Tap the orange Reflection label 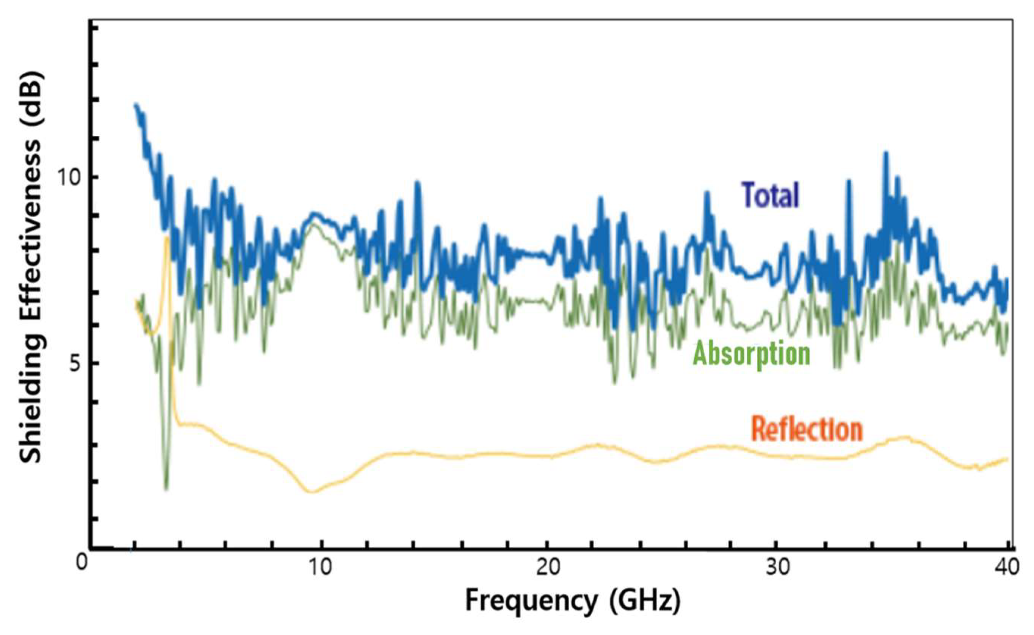[806, 429]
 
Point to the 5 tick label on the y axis [74, 363]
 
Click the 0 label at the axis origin [81, 562]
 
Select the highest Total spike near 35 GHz [886, 153]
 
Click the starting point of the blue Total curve [135, 105]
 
